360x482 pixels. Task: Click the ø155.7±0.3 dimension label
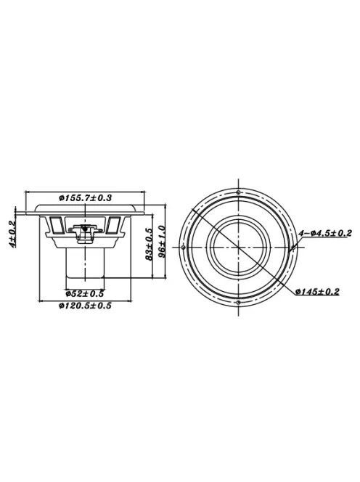click(x=85, y=197)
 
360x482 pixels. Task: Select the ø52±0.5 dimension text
click(x=85, y=293)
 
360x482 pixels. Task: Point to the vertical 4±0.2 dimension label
click(x=12, y=234)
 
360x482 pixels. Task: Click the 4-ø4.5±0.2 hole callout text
click(x=326, y=233)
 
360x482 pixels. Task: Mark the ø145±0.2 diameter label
click(x=318, y=293)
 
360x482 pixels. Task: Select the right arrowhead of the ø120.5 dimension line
click(x=130, y=300)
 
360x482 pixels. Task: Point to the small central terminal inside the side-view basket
click(x=85, y=231)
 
